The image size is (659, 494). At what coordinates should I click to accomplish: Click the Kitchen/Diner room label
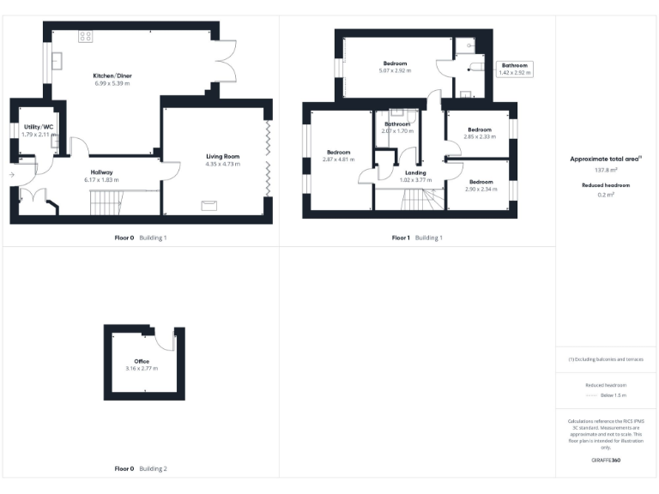pos(112,76)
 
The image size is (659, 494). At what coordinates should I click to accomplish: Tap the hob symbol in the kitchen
pos(86,36)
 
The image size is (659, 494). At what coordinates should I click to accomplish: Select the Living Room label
pos(222,156)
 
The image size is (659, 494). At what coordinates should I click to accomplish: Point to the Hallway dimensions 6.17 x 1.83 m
pos(101,180)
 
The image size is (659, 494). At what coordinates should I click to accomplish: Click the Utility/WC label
pos(38,127)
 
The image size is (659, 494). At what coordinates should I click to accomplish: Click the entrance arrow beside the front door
pos(12,175)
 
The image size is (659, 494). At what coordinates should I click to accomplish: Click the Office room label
pos(142,362)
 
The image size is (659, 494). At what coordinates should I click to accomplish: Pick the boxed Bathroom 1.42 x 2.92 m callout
pos(515,69)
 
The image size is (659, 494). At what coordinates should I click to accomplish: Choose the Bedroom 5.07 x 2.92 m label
pos(396,63)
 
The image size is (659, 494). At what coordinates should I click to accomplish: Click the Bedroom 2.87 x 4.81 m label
pos(337,152)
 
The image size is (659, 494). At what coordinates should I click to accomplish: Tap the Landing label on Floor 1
pos(415,173)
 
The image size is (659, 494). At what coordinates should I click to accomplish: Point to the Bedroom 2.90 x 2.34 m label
pos(481,182)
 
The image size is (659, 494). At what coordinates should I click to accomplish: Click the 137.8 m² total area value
pos(606,171)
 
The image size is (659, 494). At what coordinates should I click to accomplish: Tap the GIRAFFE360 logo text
pos(606,461)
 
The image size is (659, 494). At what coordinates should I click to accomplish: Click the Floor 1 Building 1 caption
pos(417,237)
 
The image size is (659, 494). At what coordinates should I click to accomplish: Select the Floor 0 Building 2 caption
pos(141,469)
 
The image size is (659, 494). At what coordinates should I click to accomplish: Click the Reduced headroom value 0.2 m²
pos(606,195)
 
